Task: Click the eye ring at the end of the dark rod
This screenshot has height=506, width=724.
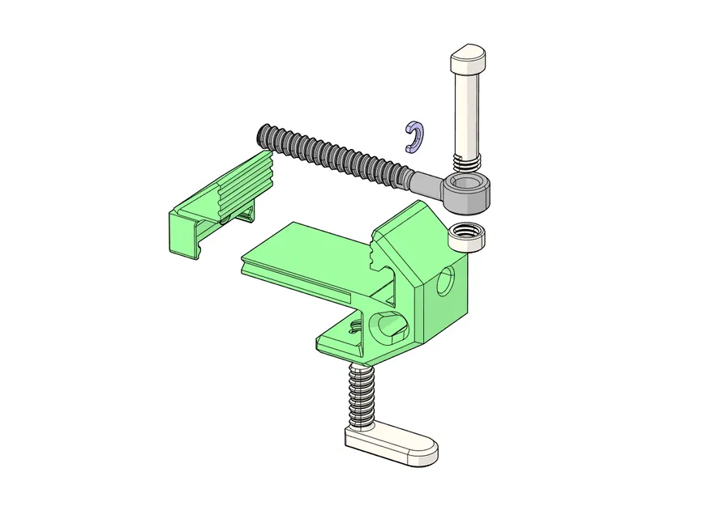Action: point(465,193)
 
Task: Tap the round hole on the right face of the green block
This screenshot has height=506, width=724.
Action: point(445,282)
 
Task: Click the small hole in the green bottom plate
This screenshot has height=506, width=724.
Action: point(354,329)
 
